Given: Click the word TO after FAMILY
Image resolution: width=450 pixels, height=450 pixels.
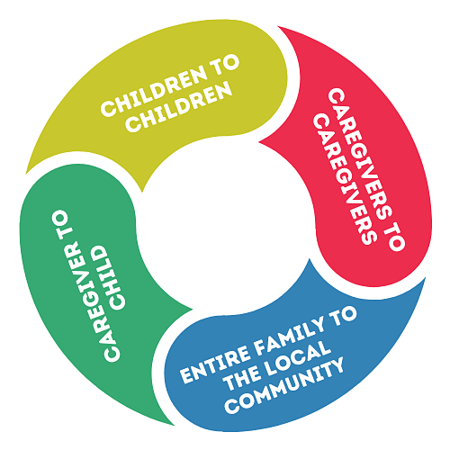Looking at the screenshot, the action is click(345, 316).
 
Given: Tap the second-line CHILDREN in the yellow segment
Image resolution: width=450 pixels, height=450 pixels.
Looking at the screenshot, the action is click(179, 107).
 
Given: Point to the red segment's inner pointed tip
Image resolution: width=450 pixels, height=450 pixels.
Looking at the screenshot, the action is click(259, 142).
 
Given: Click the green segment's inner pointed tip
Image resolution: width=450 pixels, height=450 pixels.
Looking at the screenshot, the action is click(193, 309).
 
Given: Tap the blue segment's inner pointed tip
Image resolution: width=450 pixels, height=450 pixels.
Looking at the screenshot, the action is click(310, 258).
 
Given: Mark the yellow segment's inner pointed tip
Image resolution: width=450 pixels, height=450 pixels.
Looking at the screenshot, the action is click(142, 192).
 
